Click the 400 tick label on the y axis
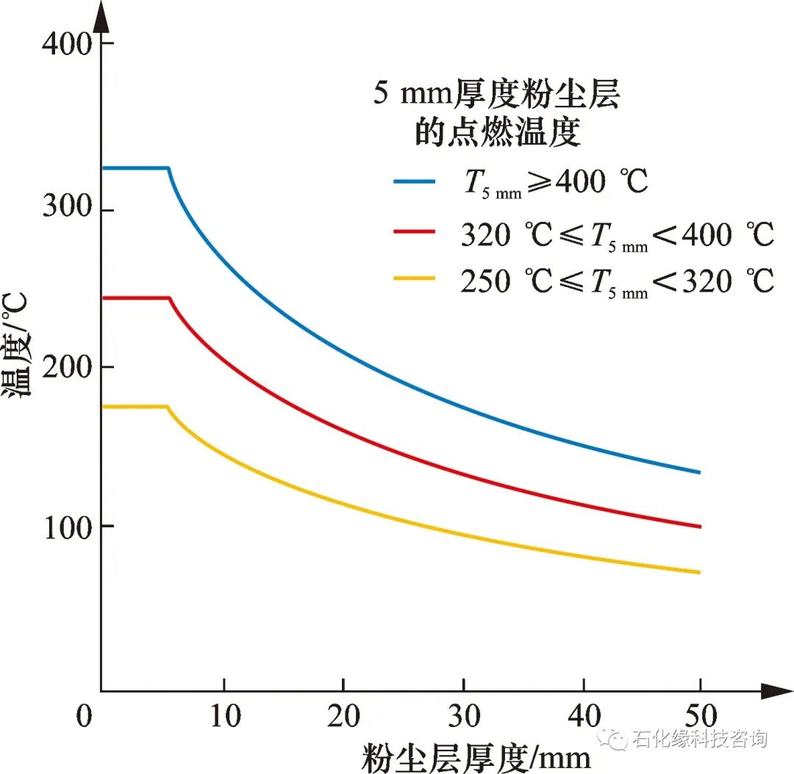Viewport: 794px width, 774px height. (x=67, y=44)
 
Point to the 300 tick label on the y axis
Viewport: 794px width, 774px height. (x=67, y=211)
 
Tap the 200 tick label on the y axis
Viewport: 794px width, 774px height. (x=67, y=367)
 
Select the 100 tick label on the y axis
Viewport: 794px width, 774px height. (x=67, y=527)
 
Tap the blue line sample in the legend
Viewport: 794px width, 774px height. (x=415, y=179)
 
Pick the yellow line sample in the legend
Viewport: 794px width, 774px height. (x=415, y=278)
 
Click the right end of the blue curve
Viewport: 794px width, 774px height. (x=699, y=472)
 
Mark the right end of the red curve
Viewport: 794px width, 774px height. (x=699, y=527)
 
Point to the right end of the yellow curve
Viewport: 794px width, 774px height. (x=699, y=572)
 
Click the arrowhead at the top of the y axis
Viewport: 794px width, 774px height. (x=101, y=18)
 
